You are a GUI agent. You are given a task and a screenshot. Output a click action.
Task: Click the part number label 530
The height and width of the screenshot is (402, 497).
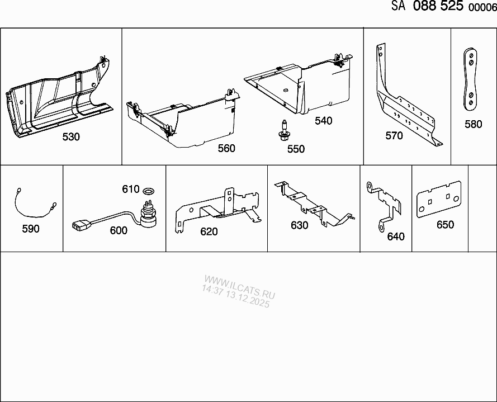(71, 137)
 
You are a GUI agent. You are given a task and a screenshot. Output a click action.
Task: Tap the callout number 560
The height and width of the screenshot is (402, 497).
(226, 148)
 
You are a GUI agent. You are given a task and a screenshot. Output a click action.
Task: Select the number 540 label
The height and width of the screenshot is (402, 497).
(323, 121)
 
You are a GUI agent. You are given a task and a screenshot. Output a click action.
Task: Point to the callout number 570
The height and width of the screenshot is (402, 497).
(394, 136)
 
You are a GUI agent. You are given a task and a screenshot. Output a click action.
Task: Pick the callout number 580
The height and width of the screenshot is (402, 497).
(473, 124)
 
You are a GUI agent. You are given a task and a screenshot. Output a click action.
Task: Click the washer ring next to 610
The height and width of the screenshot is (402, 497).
(149, 191)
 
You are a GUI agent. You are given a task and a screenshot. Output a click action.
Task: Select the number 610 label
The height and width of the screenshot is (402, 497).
(131, 190)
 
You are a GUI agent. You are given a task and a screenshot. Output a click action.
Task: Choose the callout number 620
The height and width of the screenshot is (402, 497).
(209, 232)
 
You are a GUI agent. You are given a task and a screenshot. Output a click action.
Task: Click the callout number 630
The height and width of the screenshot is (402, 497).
(300, 225)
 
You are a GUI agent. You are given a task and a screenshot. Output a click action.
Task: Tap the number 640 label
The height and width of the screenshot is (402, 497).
(396, 237)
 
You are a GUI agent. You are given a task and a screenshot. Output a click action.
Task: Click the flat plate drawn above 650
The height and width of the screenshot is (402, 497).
(439, 199)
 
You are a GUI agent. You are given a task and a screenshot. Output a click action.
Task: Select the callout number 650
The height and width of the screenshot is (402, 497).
(446, 225)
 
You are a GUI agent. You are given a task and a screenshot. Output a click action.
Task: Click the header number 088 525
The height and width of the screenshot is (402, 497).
(438, 6)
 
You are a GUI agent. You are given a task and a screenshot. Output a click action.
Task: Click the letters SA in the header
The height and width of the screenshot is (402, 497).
(399, 6)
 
